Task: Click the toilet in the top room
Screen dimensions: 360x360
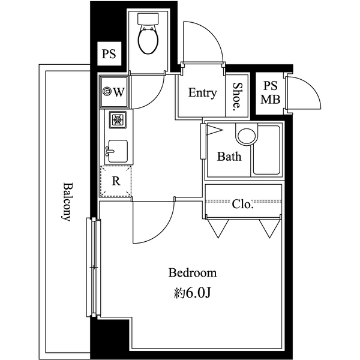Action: pos(148,37)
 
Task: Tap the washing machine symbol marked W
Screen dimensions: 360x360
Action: pos(114,92)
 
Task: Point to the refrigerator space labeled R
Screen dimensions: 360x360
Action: pos(116,179)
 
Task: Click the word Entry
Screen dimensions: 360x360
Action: pos(202,93)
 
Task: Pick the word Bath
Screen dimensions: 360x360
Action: pos(229,157)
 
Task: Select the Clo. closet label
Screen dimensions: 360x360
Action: pos(242,205)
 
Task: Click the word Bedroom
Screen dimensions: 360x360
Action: pos(192,274)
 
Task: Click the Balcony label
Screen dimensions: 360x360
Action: pos(65,202)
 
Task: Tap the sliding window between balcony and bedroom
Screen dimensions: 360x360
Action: pos(94,267)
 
